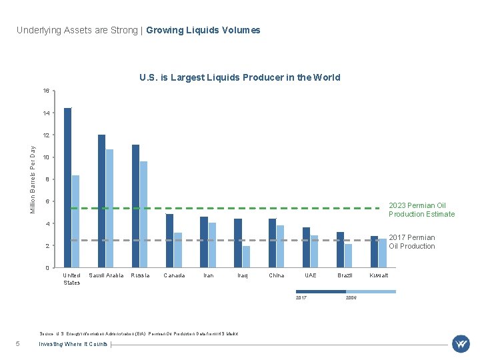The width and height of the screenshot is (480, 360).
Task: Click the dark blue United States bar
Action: (67, 187)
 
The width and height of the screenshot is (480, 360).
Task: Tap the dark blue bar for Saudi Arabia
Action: (101, 201)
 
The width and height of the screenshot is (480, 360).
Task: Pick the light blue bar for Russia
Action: (143, 214)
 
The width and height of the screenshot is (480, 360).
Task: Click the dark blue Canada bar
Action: (169, 241)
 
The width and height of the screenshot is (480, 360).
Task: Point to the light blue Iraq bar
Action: (246, 257)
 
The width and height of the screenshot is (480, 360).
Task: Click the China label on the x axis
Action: (276, 275)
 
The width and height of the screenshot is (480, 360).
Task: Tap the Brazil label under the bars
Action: (345, 275)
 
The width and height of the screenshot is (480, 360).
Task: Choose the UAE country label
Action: (311, 275)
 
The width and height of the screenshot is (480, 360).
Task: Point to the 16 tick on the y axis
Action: (45, 91)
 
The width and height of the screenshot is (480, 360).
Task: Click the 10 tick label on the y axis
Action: (45, 157)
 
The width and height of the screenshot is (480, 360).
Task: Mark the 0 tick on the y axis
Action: (47, 268)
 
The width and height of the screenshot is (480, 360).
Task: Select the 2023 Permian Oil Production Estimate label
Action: (421, 210)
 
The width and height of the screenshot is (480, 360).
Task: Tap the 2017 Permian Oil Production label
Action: (411, 242)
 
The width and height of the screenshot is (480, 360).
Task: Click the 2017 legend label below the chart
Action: (301, 297)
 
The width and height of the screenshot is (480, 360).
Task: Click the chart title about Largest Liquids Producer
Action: (239, 77)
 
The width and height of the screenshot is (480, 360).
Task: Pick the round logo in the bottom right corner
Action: (461, 344)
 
